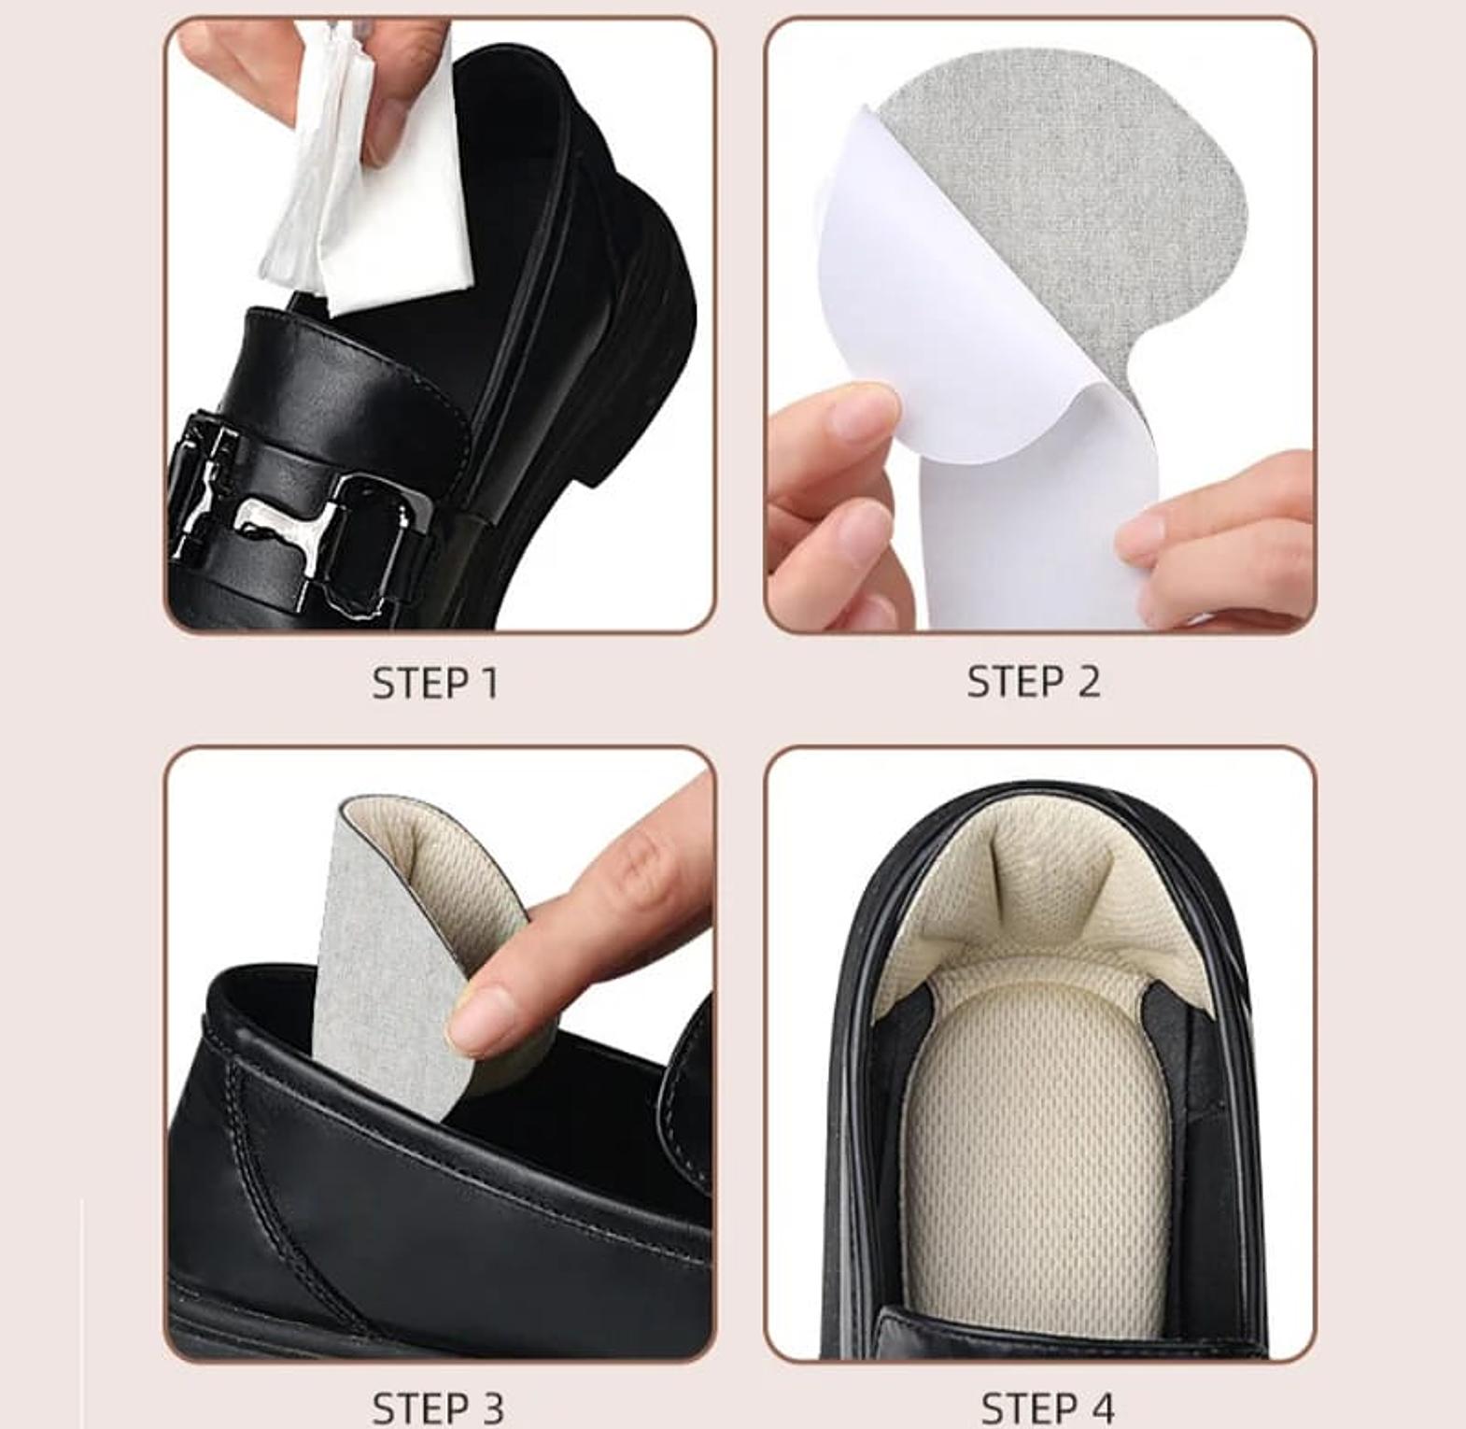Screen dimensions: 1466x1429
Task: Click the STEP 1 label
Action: [435, 683]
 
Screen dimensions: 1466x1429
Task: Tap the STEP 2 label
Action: [1033, 681]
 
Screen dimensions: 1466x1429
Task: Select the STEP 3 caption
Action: [438, 1408]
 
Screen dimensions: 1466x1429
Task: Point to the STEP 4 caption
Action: [1048, 1408]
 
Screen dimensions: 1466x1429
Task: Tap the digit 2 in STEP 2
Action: [1088, 681]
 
